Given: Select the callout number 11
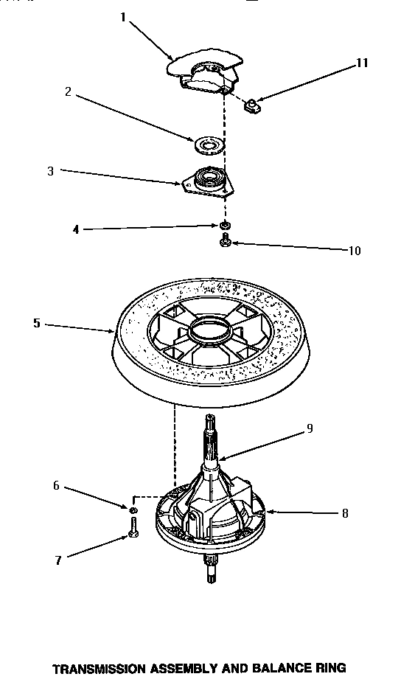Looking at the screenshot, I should pyautogui.click(x=360, y=63).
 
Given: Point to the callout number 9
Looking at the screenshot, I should pyautogui.click(x=310, y=428).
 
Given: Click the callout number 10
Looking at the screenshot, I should pyautogui.click(x=355, y=250).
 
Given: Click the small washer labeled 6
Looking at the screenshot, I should pyautogui.click(x=133, y=510).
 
